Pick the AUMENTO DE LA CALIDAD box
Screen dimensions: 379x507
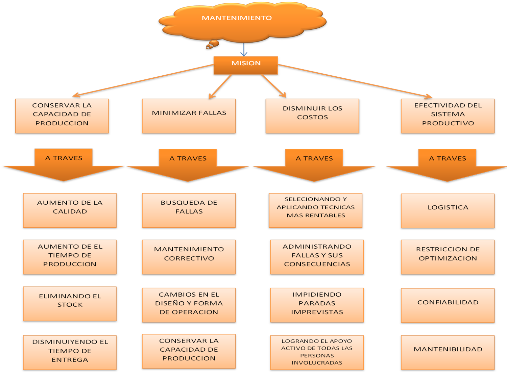point(70,210)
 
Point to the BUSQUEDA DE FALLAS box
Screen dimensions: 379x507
point(189,210)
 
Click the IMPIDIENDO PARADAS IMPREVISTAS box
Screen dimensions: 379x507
point(317,305)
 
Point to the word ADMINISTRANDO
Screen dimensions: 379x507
point(317,247)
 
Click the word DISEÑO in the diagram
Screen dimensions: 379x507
point(168,303)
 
